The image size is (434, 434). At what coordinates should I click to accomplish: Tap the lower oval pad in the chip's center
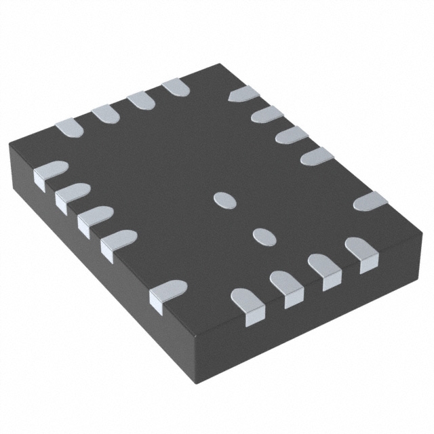263,235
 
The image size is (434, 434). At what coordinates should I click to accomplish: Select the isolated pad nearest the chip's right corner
370,201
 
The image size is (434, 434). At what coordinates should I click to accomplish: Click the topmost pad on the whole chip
176,86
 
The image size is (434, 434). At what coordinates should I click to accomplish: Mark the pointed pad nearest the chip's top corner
243,94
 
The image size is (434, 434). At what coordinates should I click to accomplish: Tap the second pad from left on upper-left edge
104,113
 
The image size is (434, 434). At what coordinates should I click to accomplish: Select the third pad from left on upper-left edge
141,100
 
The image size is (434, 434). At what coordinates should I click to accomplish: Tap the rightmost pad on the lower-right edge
361,250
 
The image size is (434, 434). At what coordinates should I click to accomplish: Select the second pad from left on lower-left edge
72,195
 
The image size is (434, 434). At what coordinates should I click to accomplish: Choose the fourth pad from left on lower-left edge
118,241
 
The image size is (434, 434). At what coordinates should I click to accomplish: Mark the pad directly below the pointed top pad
267,114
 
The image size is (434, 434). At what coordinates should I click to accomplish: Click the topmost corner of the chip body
218,64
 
